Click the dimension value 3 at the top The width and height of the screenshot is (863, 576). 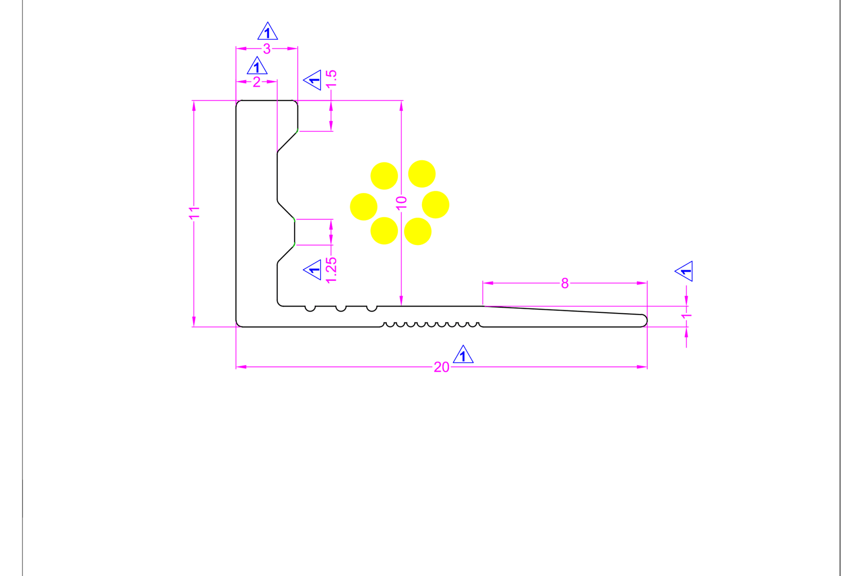(267, 49)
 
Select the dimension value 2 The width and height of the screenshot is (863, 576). (256, 82)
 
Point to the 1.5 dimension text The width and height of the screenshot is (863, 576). (331, 79)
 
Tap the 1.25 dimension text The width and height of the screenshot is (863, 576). (331, 270)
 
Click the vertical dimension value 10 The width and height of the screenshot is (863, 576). (401, 203)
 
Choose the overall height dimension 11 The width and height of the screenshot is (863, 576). (194, 213)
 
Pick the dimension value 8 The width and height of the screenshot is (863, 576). (565, 283)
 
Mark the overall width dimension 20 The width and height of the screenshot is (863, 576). (441, 367)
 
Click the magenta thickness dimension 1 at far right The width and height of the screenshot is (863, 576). (686, 316)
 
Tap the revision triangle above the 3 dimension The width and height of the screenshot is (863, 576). (267, 32)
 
